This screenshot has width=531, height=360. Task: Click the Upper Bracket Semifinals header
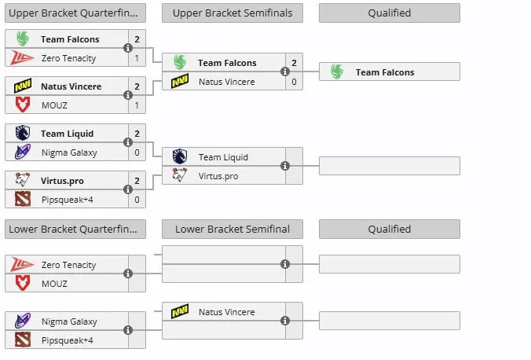(x=233, y=13)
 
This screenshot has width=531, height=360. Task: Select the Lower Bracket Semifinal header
(x=233, y=230)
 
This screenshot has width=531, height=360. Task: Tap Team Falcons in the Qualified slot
(x=385, y=72)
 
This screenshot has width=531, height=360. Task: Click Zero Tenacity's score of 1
(x=137, y=58)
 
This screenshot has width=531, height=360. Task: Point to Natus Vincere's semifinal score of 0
(x=294, y=82)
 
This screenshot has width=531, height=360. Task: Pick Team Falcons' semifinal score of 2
(x=294, y=63)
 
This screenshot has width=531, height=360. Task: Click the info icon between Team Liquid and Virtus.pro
(x=285, y=166)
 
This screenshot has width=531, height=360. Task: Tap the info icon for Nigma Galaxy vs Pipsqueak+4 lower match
(x=128, y=330)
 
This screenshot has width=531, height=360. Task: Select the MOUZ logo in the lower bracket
(x=23, y=283)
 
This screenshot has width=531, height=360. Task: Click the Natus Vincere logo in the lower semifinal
(x=180, y=311)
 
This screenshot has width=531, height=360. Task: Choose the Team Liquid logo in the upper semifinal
(x=179, y=156)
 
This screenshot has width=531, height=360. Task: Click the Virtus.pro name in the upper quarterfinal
(x=62, y=181)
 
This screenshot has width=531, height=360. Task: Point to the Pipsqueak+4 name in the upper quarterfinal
(x=67, y=200)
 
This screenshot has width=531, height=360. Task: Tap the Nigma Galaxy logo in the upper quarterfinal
(x=23, y=152)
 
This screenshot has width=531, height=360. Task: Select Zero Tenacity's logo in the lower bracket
(x=22, y=264)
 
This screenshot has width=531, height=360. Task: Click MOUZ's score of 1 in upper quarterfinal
(x=137, y=105)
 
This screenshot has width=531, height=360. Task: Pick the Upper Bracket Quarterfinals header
(x=75, y=13)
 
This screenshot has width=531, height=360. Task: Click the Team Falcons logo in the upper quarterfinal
(x=23, y=39)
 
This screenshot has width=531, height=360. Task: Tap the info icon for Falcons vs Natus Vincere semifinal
(x=285, y=72)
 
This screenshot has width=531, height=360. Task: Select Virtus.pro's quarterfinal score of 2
(x=137, y=181)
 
